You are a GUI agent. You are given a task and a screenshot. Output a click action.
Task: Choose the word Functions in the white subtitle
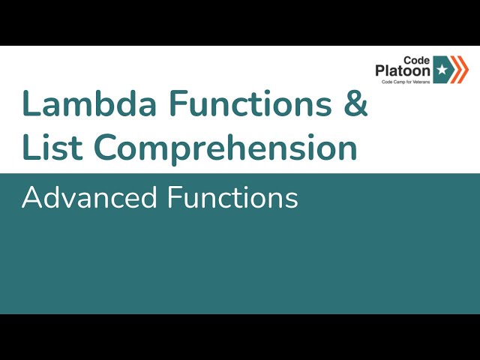coord(233,198)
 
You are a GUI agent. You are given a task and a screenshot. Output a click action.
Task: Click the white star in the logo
coord(442,70)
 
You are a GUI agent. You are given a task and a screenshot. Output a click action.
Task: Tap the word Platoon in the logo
coord(403,70)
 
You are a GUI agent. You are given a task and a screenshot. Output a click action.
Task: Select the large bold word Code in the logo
coord(417,58)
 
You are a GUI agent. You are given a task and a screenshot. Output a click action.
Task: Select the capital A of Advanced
coord(31,198)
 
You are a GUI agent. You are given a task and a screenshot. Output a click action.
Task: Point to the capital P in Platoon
coord(381,70)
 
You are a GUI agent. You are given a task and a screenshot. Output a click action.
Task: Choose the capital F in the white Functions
coord(174,198)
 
